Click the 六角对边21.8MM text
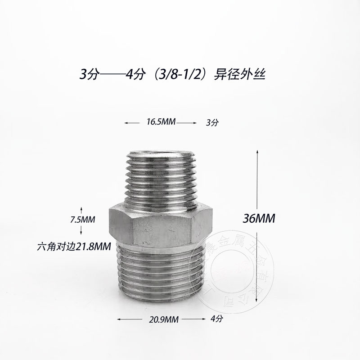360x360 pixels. (x=74, y=246)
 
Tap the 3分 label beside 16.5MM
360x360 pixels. (x=211, y=122)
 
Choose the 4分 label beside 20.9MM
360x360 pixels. (x=217, y=319)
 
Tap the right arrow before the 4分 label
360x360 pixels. (x=202, y=319)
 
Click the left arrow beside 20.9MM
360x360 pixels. (x=120, y=319)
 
